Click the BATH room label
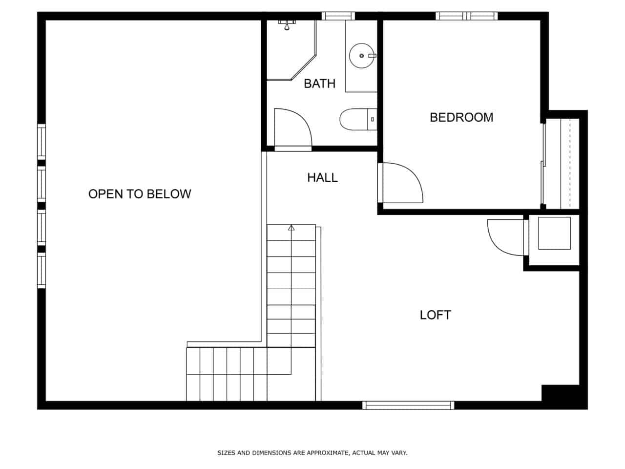319,84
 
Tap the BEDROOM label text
461,117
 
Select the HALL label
322,178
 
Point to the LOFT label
436,315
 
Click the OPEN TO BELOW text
140,194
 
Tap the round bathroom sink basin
362,56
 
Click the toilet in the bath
358,119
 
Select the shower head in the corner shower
287,25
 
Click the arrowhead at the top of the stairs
291,228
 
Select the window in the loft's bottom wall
408,405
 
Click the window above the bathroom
338,16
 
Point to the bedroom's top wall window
467,16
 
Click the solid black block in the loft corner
561,393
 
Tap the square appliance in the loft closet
554,233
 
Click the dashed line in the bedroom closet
570,164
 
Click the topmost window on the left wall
42,142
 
